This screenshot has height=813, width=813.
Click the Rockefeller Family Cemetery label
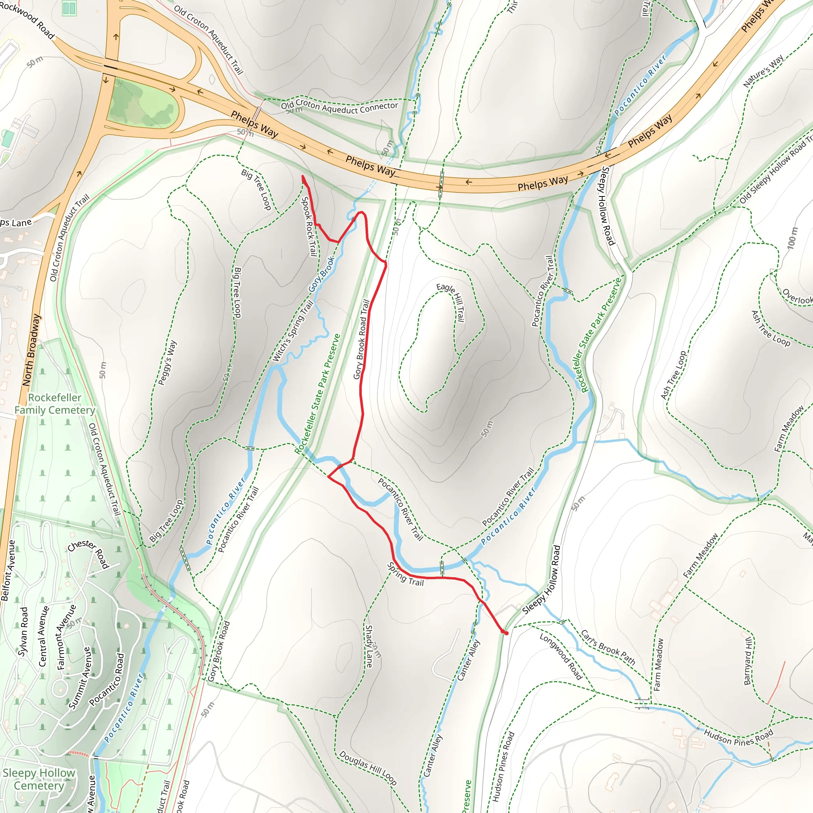55,404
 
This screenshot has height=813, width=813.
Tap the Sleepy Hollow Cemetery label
39,779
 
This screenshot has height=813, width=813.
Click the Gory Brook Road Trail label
362,339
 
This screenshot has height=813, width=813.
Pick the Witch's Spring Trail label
293,331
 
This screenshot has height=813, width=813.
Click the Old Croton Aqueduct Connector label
339,107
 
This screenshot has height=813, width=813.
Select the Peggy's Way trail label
167,363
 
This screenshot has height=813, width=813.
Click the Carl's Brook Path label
608,647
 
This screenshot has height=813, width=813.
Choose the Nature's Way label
763,71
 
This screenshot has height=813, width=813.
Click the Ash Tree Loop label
771,328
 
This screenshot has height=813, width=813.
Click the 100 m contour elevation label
792,237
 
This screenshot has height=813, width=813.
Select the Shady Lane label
369,646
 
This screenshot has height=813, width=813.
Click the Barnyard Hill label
748,661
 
